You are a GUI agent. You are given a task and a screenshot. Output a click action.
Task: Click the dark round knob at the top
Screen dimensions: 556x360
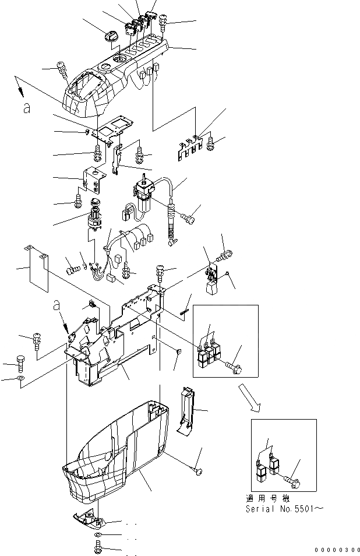point(111,37)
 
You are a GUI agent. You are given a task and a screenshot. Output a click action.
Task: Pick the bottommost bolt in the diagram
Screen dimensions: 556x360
point(97,548)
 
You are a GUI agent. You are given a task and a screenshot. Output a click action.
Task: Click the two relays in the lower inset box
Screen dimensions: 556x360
point(267,469)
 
